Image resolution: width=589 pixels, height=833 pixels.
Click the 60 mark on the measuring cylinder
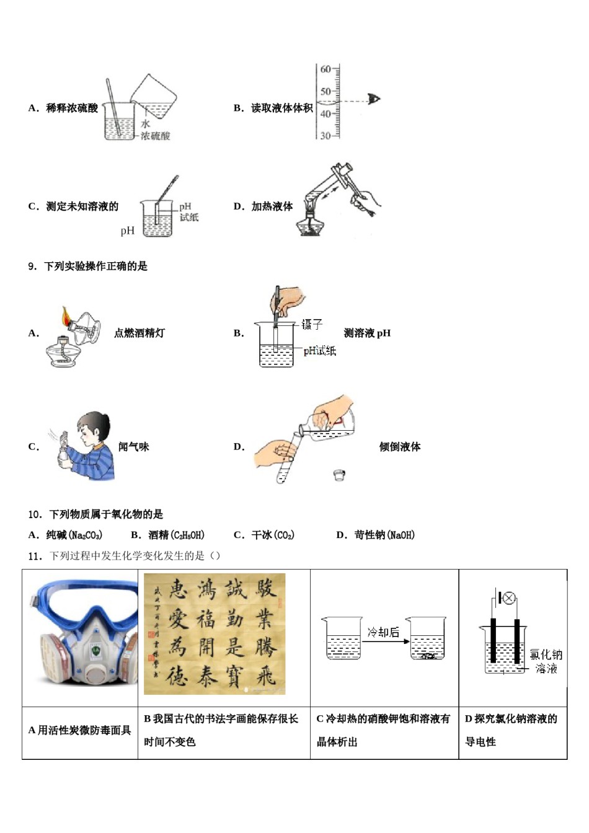click(325, 69)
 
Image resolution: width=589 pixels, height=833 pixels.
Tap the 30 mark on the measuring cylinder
click(325, 135)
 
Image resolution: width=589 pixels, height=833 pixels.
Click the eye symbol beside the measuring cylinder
click(374, 99)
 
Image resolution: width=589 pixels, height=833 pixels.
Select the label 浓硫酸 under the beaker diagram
click(155, 136)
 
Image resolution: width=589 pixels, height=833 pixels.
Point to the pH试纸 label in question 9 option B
click(320, 351)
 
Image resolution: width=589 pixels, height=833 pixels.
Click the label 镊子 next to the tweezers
click(312, 324)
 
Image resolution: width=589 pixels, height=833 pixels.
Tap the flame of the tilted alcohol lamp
click(66, 317)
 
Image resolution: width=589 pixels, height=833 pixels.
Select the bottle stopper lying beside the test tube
click(339, 475)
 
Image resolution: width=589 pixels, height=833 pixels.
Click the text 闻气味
click(134, 447)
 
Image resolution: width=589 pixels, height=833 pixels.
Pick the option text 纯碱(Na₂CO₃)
click(74, 535)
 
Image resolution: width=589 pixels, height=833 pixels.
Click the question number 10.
click(35, 514)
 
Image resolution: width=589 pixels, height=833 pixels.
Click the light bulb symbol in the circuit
click(508, 598)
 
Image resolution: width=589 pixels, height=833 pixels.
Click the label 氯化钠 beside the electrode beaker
click(546, 654)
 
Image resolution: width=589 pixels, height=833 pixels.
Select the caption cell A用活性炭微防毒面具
click(80, 731)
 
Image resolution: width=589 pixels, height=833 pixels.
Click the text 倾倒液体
click(400, 447)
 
